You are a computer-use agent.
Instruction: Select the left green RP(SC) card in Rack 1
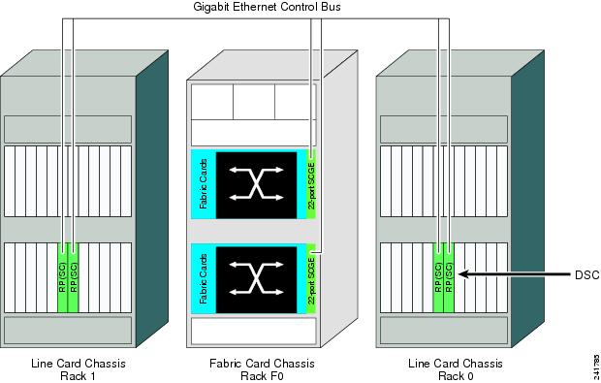coord(63,276)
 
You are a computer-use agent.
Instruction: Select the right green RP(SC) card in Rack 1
coord(75,276)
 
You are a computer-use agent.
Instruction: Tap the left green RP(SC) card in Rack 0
coord(438,276)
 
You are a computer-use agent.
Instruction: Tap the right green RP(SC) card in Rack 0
coord(450,276)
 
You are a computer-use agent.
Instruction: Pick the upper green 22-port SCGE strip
coord(311,183)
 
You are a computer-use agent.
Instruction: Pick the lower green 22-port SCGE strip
coord(311,278)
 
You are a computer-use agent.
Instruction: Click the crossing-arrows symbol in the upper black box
coord(259,183)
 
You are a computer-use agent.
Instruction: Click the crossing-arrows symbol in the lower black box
coord(259,278)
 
